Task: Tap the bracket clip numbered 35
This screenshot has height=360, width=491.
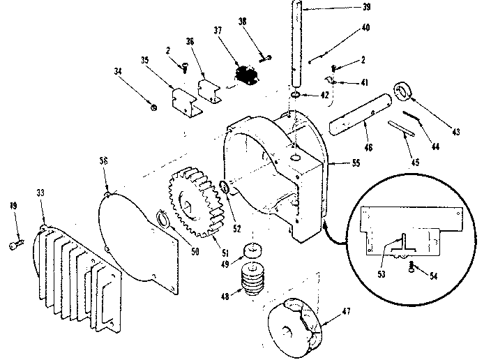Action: [185, 100]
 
